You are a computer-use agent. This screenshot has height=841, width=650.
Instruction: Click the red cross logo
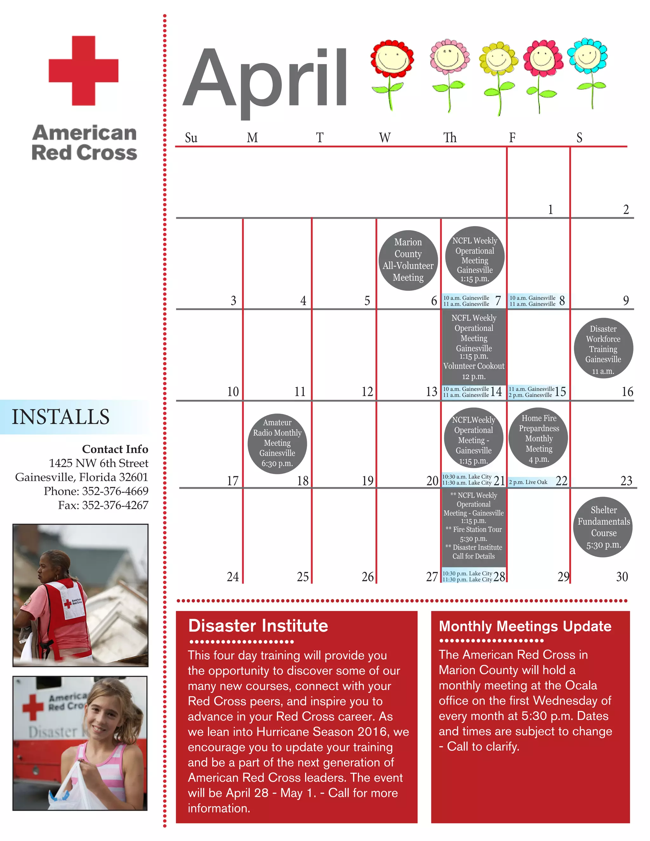tap(83, 70)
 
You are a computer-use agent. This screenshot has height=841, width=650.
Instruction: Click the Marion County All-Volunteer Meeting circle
tap(408, 260)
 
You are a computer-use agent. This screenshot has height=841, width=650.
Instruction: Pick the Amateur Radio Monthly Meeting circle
tap(277, 443)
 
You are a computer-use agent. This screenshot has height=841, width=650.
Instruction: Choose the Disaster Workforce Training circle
tap(603, 348)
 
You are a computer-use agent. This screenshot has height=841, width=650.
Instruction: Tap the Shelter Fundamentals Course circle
tap(603, 527)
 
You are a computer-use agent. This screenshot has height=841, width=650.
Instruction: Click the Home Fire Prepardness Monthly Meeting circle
tap(538, 438)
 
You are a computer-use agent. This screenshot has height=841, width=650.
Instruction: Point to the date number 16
tap(627, 392)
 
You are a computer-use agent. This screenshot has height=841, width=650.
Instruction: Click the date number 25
tap(303, 577)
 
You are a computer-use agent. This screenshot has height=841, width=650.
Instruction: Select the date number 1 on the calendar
tap(551, 209)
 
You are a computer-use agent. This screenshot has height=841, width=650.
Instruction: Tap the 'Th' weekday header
tap(450, 137)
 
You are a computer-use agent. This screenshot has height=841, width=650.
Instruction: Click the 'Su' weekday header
tap(191, 137)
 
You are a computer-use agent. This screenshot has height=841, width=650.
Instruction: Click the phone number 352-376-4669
tap(115, 491)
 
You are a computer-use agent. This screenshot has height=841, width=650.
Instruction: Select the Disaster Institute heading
tap(258, 626)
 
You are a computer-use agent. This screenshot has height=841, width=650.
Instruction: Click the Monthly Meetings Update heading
tap(525, 626)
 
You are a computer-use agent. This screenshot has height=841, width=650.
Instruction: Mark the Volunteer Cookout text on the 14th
tap(474, 366)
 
